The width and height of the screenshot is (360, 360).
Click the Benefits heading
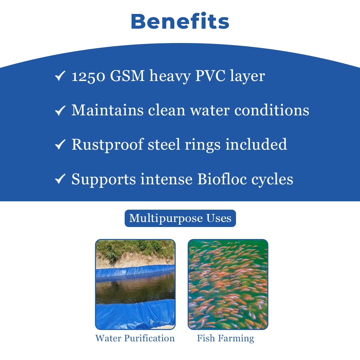(180, 21)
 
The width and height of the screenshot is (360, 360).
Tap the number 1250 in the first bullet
(89, 76)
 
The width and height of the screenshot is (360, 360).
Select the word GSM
(127, 76)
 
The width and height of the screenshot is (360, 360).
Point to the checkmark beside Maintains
(60, 110)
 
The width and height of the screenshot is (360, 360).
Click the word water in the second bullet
(210, 110)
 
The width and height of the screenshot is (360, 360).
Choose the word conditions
(272, 110)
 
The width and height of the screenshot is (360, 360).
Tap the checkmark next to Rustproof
(60, 145)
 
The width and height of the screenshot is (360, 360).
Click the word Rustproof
(108, 145)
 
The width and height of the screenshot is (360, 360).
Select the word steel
(164, 144)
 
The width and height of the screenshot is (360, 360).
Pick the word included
(256, 144)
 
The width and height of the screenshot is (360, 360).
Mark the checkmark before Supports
(60, 179)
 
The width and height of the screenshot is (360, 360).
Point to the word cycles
(272, 180)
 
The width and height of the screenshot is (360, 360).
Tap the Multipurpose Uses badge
(180, 218)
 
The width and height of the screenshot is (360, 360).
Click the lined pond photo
(135, 284)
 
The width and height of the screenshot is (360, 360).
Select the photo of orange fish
(228, 284)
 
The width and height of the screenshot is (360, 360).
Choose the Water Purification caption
(135, 338)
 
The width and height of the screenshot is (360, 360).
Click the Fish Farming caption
(225, 339)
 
